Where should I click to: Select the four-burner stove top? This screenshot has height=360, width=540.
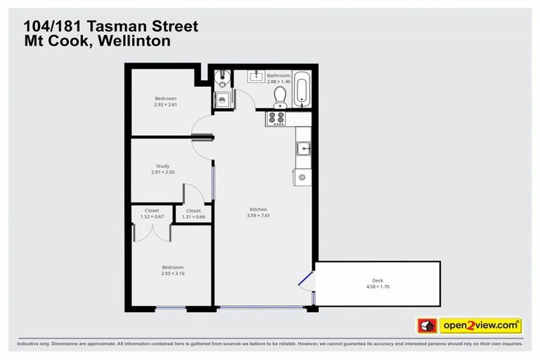tap(276, 118)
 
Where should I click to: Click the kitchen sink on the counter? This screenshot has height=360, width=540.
tap(304, 148)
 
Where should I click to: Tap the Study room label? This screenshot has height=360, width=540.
tap(162, 166)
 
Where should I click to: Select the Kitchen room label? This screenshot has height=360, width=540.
tap(259, 210)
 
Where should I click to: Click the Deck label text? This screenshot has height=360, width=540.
tap(378, 281)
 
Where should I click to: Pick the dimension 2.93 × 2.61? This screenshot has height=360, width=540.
tap(165, 105)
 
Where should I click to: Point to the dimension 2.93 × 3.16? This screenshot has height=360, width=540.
tap(172, 273)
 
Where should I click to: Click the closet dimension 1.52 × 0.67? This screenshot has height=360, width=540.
tap(152, 217)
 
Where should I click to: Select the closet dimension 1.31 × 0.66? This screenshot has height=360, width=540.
tap(193, 217)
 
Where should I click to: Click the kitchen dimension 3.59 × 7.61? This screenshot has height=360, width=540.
tap(259, 216)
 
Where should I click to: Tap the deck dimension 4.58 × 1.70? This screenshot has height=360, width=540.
tap(378, 287)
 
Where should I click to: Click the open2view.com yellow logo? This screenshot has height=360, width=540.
tap(480, 326)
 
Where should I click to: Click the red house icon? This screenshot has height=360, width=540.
tap(427, 326)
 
